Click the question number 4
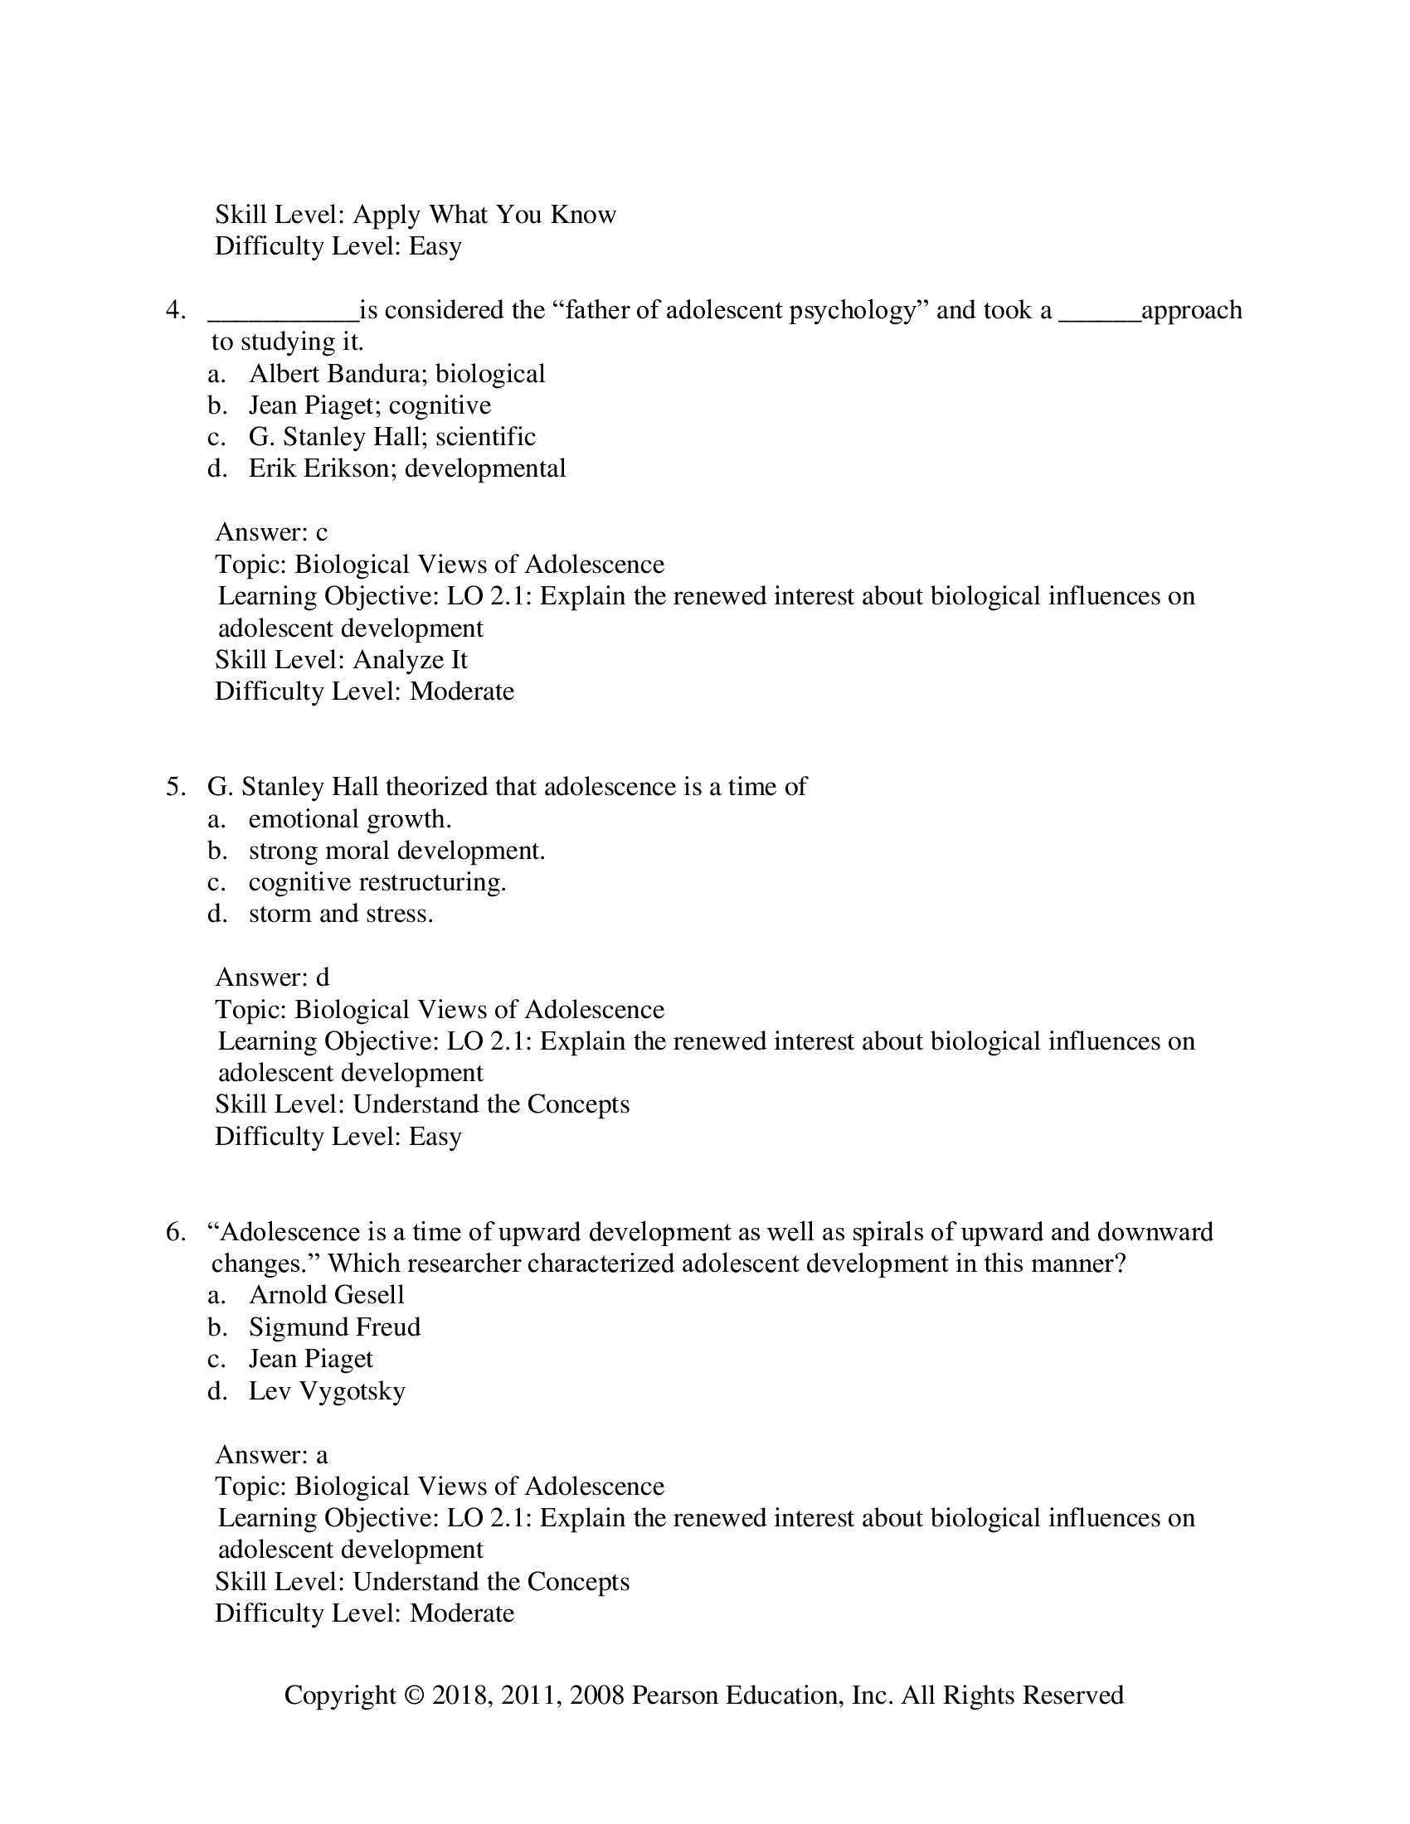coord(174,311)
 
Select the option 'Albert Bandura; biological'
coord(396,373)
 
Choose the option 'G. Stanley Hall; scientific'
coord(391,437)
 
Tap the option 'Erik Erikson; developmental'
coord(406,468)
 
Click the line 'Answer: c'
coord(271,532)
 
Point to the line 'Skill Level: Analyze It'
coord(341,660)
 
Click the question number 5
coord(174,787)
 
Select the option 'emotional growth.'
coord(349,819)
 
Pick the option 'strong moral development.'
coord(396,851)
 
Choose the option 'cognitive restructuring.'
coord(377,883)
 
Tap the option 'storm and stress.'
coord(341,914)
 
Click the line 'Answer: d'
coord(272,977)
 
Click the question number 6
coord(174,1232)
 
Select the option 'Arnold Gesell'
coord(326,1295)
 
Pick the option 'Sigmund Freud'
coord(334,1327)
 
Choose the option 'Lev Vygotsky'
coord(327,1390)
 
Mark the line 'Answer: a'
coord(271,1455)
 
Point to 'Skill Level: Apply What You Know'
coord(416,215)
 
